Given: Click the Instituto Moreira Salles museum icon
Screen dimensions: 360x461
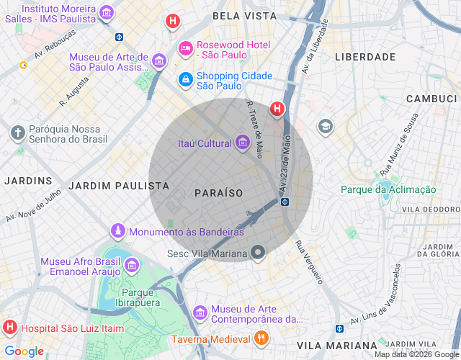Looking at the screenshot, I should click(x=107, y=12).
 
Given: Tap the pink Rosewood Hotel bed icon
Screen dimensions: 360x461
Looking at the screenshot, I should click(x=185, y=48).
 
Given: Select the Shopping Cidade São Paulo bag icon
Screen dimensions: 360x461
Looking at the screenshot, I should click(x=185, y=78).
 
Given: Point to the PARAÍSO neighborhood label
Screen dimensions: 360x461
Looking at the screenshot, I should click(x=219, y=193).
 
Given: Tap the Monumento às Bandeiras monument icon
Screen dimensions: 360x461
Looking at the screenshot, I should click(x=117, y=231).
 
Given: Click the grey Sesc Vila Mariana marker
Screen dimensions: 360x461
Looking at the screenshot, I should click(x=258, y=253).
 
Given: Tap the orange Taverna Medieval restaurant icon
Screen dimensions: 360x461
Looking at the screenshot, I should click(x=261, y=338).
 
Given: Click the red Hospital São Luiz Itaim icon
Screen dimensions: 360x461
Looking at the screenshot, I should click(x=10, y=328).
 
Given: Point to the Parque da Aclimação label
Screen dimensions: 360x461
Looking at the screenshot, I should click(x=388, y=189).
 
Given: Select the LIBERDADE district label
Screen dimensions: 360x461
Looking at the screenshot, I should click(x=365, y=56).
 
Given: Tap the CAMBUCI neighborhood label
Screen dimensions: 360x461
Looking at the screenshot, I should click(x=431, y=98).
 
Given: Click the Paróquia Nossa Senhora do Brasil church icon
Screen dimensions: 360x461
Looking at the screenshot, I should click(x=18, y=132).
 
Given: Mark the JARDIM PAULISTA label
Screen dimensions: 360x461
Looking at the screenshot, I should click(x=119, y=186).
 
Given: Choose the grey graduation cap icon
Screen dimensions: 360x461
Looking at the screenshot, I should click(x=326, y=127).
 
